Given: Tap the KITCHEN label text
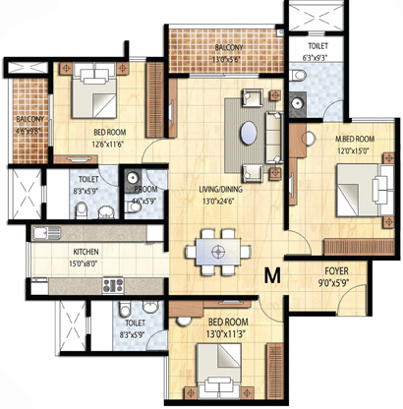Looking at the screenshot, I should (x=58, y=252).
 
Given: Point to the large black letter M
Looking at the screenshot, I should (x=272, y=277).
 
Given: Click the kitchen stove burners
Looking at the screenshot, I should (x=111, y=286).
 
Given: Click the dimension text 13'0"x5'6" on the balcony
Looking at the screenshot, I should (x=230, y=57).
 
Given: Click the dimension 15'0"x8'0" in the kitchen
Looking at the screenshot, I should (x=59, y=263).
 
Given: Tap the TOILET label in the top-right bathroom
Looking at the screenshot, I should (x=317, y=45).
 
